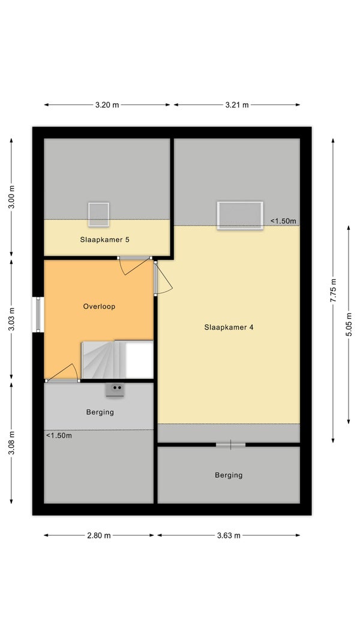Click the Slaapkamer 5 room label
105,240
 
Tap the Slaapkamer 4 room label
229,327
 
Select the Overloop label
99,307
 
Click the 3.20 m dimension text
107,105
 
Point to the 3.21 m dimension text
237,105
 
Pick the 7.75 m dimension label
334,290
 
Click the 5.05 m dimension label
349,324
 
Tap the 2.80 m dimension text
98,536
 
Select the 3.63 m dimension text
229,536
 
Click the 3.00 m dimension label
11,197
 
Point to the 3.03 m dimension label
11,319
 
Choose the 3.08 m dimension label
11,443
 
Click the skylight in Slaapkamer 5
98,214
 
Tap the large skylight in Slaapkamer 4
240,216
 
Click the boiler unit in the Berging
115,390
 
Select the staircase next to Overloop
118,360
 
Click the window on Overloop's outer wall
38,314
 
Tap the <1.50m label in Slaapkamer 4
283,221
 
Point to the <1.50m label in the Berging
59,435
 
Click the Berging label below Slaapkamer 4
229,475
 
